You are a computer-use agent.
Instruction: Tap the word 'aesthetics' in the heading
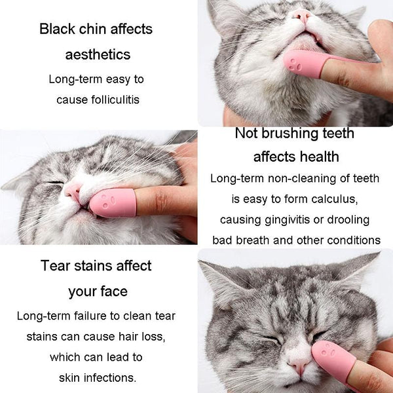click(98, 54)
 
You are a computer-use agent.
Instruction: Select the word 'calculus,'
click(334, 199)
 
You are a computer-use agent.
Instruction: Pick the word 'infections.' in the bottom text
click(110, 378)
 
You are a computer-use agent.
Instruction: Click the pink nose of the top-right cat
click(302, 16)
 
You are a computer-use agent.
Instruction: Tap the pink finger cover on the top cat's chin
click(305, 64)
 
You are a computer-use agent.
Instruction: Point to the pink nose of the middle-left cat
click(73, 191)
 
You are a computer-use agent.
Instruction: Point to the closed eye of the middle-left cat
click(54, 182)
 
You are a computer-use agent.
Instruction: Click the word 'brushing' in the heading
click(290, 134)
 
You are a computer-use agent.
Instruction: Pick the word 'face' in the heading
click(114, 291)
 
